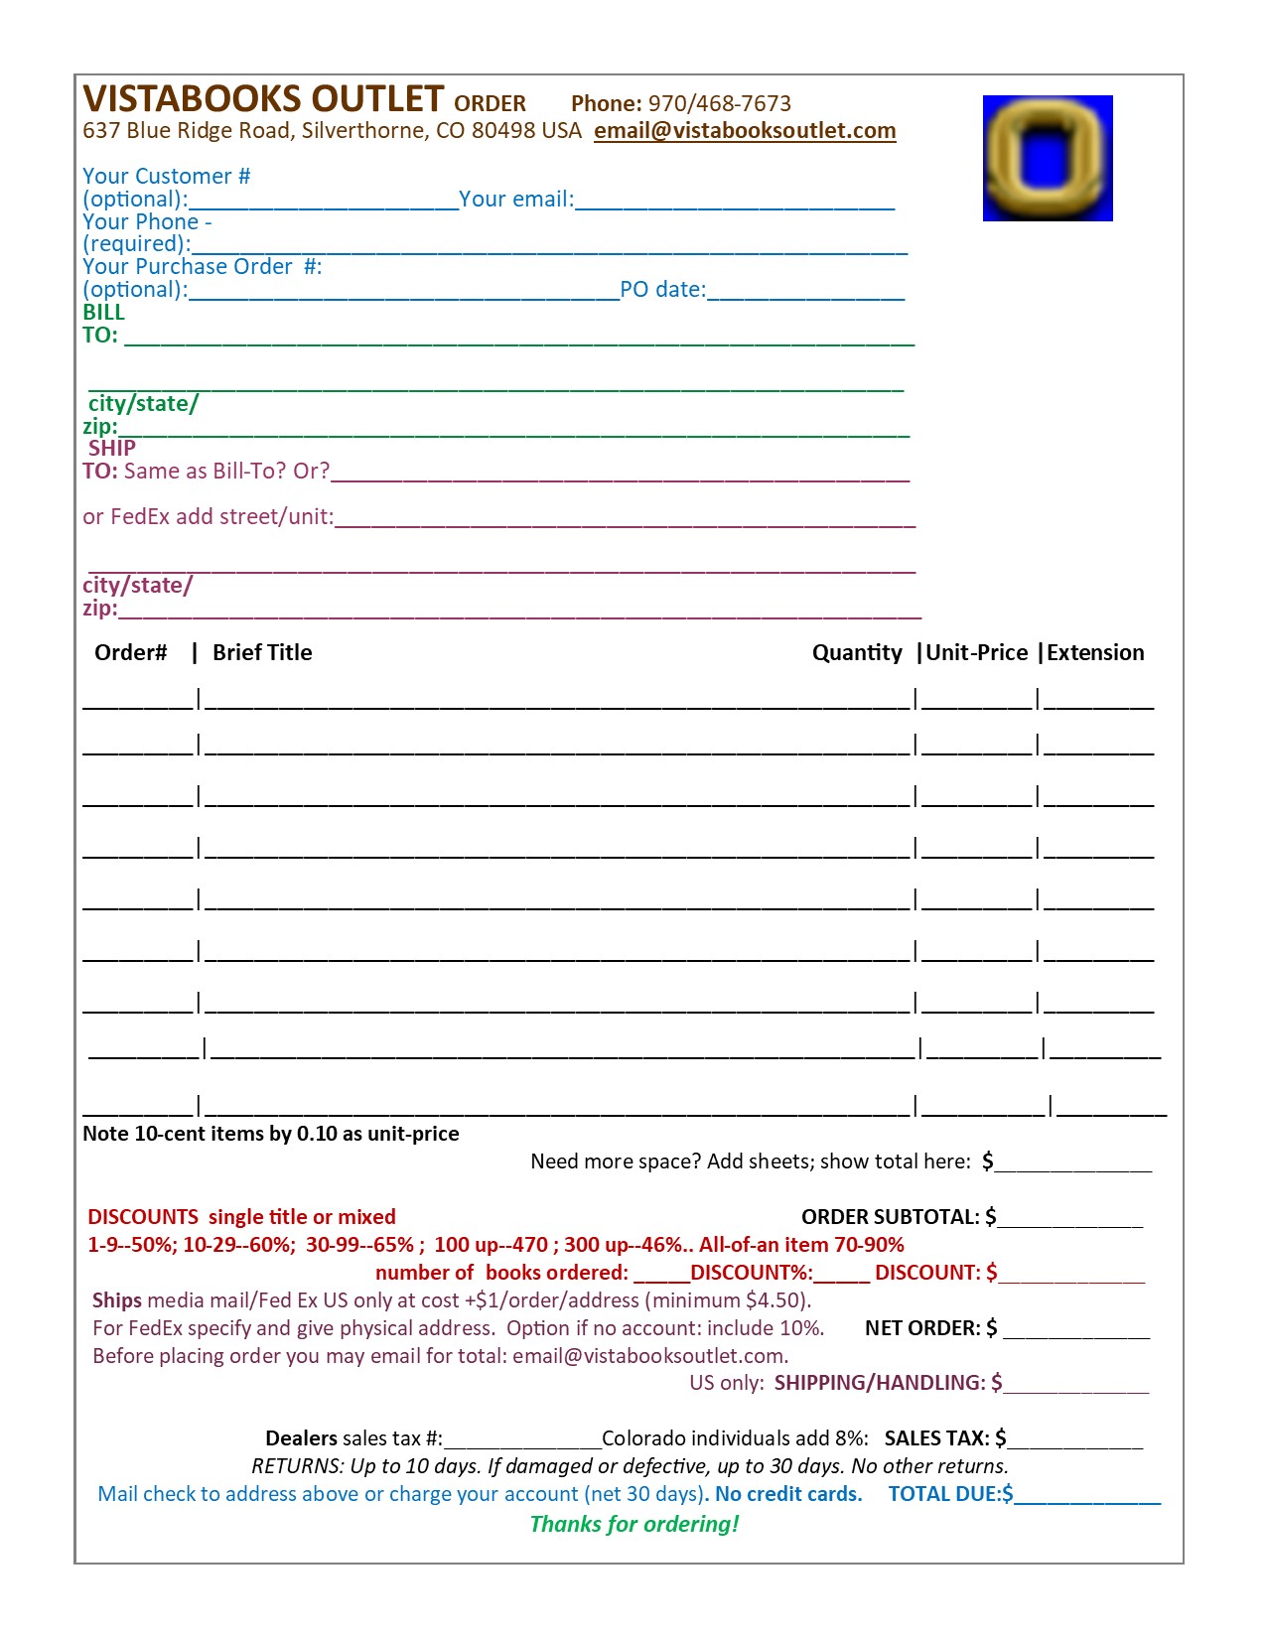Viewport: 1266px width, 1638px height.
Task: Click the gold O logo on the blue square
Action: [x=1047, y=158]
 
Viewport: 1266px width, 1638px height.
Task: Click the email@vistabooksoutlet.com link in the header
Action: [x=745, y=131]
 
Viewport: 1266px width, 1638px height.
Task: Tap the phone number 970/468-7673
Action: [x=720, y=103]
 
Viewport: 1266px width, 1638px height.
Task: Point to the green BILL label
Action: [x=103, y=312]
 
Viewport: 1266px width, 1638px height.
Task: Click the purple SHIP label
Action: [x=111, y=448]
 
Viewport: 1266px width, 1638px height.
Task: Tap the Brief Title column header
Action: [x=262, y=652]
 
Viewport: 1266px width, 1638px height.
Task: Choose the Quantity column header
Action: [x=857, y=652]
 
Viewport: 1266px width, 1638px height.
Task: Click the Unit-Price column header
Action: [x=976, y=652]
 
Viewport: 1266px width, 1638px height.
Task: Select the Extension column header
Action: [x=1095, y=652]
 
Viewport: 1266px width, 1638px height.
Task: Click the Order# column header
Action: [x=130, y=652]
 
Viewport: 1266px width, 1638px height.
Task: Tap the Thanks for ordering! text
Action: [x=634, y=1524]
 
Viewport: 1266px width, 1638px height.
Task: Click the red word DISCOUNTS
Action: [x=143, y=1217]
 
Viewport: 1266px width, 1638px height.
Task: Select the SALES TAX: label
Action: [x=937, y=1438]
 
